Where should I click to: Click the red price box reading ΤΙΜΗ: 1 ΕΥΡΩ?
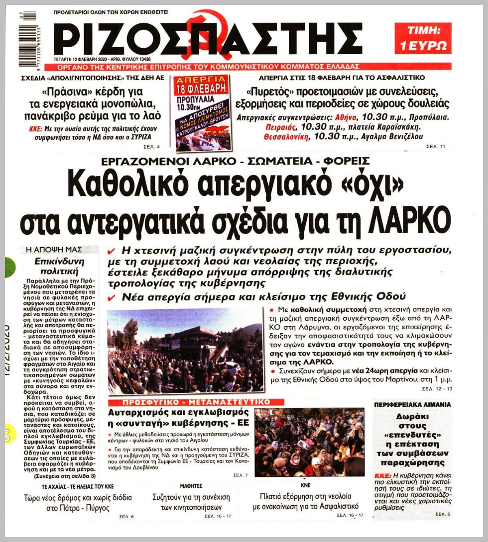click(x=423, y=38)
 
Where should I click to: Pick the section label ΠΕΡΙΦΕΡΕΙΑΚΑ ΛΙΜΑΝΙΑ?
click(x=405, y=405)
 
